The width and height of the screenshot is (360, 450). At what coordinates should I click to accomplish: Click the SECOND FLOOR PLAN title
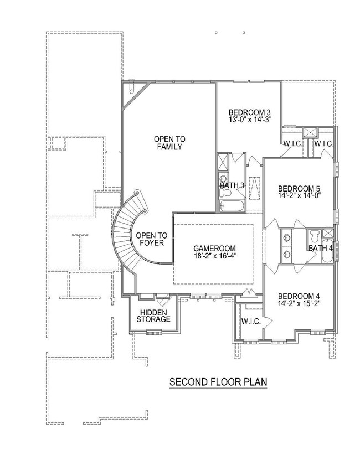coord(218,381)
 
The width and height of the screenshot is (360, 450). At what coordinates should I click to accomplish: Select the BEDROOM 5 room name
coord(300,188)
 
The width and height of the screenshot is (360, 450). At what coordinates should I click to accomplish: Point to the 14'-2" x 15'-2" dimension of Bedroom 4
coord(300,303)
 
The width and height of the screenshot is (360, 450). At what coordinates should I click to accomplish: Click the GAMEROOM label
coord(214,248)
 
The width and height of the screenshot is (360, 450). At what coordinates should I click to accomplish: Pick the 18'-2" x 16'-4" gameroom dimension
coord(214,257)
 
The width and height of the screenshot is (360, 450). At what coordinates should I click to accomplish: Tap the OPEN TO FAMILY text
coord(169,143)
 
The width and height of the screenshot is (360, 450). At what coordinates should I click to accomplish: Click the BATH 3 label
coord(233,185)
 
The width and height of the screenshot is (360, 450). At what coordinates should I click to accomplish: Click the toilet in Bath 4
coord(314,236)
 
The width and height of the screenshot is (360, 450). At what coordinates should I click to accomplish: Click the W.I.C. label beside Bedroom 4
coord(250,321)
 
